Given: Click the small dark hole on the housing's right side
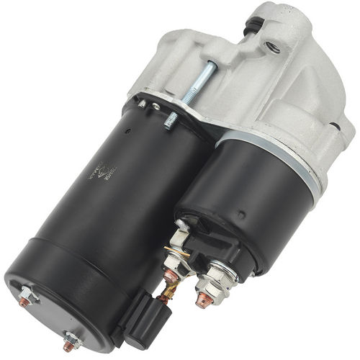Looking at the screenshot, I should coord(333,127).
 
